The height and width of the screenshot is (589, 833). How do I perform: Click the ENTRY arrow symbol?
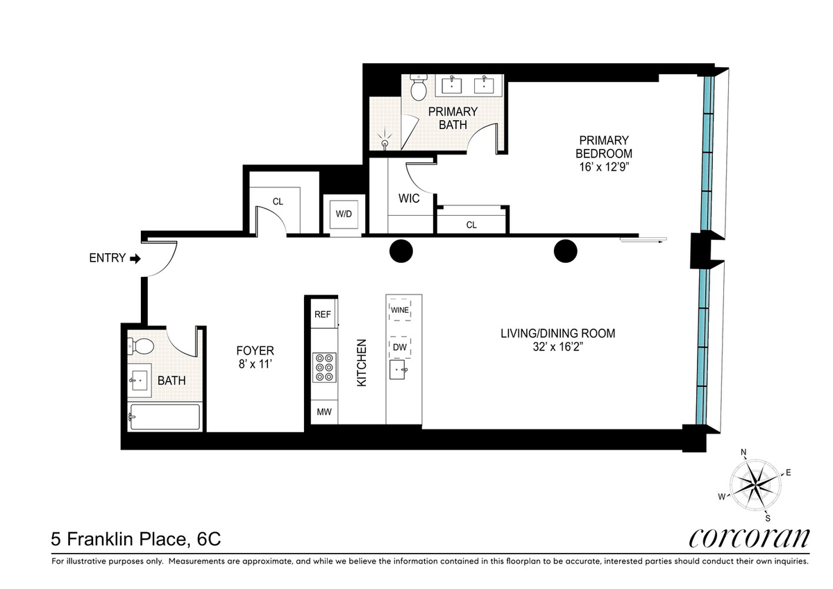click(x=135, y=259)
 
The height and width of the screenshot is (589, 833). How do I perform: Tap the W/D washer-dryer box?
click(x=344, y=214)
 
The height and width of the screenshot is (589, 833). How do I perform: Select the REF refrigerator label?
click(x=322, y=314)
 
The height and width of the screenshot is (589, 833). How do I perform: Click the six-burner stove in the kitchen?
click(x=324, y=368)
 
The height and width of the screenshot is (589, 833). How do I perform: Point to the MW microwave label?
click(x=324, y=411)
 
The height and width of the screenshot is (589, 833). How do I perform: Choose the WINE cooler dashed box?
click(x=400, y=310)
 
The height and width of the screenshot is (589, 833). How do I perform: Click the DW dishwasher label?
click(x=400, y=347)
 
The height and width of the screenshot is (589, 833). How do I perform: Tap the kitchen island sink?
click(x=398, y=369)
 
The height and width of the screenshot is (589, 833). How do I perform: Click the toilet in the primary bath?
click(x=419, y=87)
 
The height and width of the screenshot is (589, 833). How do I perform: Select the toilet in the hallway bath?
click(x=140, y=346)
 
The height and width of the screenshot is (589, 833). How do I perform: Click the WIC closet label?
click(x=409, y=198)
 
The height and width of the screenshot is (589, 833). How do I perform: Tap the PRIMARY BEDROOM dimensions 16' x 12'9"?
click(x=603, y=167)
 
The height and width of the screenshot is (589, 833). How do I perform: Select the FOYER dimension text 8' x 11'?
click(x=255, y=364)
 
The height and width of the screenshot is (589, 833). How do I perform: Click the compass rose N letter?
click(x=743, y=452)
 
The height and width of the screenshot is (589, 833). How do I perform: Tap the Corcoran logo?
click(x=749, y=538)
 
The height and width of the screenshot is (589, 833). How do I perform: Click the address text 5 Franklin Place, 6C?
click(x=136, y=539)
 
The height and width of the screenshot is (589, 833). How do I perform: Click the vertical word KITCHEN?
click(x=362, y=363)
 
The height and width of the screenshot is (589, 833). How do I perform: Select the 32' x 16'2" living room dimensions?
click(x=558, y=347)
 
